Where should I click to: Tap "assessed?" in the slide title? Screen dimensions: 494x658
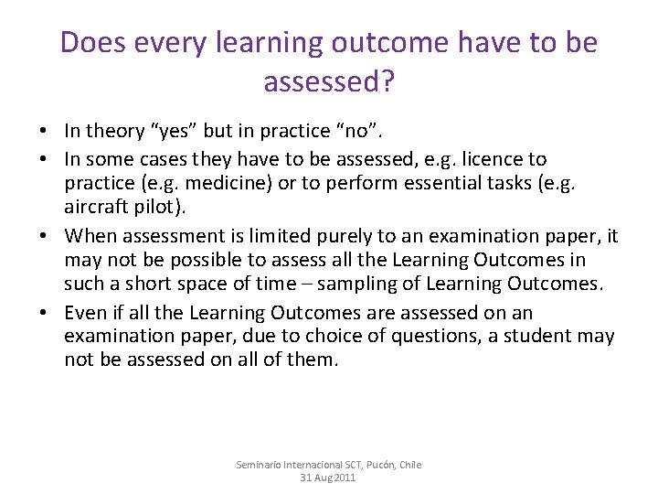click(x=329, y=82)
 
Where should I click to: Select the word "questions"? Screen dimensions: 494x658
click(x=425, y=336)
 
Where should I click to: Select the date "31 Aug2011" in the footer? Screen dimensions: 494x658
click(x=329, y=478)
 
